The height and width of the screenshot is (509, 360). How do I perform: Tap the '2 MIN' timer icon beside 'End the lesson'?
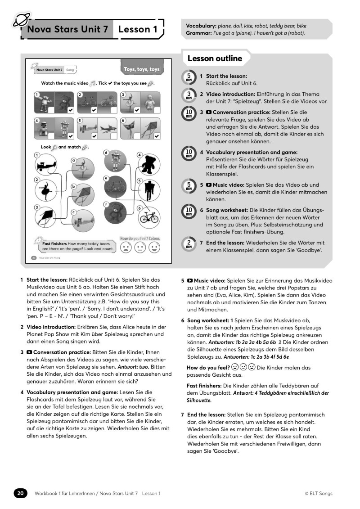tap(189, 243)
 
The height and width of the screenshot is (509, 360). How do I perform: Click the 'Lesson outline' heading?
tap(215, 59)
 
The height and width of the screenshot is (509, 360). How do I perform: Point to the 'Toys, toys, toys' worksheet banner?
tap(142, 69)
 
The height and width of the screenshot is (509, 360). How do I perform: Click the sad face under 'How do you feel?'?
tap(126, 248)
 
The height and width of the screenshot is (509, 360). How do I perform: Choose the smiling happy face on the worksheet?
tap(154, 248)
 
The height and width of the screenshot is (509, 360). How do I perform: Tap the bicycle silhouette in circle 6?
tap(148, 217)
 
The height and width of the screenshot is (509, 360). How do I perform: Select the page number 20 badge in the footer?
tap(20, 493)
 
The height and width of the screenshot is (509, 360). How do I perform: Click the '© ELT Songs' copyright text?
tap(318, 493)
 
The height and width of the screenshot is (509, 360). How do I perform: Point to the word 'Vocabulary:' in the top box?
tap(201, 26)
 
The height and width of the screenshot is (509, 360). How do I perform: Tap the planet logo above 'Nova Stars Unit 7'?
tap(21, 19)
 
